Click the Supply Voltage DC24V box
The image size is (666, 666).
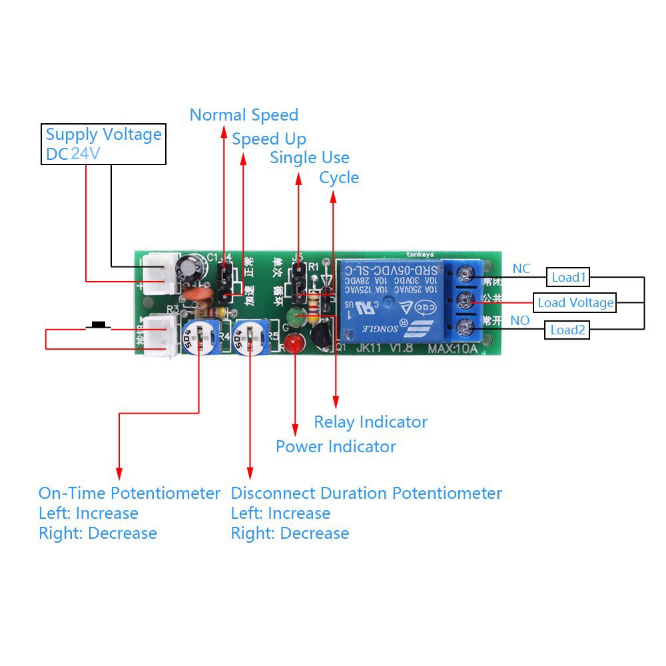click(103, 145)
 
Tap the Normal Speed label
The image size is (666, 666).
click(244, 115)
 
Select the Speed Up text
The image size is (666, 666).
click(269, 139)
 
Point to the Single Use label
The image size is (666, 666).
click(310, 158)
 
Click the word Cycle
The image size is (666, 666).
click(339, 178)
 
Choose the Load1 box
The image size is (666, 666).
click(568, 276)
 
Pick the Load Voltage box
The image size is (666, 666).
click(575, 303)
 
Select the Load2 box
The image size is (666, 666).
click(567, 330)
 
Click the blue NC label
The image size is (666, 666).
click(521, 268)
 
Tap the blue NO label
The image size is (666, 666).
click(519, 321)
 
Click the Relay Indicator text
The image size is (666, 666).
click(370, 422)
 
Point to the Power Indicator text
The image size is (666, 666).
click(336, 446)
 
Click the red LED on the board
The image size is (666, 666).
click(292, 344)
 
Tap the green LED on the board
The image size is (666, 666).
click(296, 316)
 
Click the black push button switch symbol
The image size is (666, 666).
click(99, 326)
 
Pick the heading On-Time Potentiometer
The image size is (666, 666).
click(129, 494)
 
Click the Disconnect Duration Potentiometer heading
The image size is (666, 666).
click(366, 494)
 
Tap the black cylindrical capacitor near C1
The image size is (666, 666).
click(190, 268)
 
